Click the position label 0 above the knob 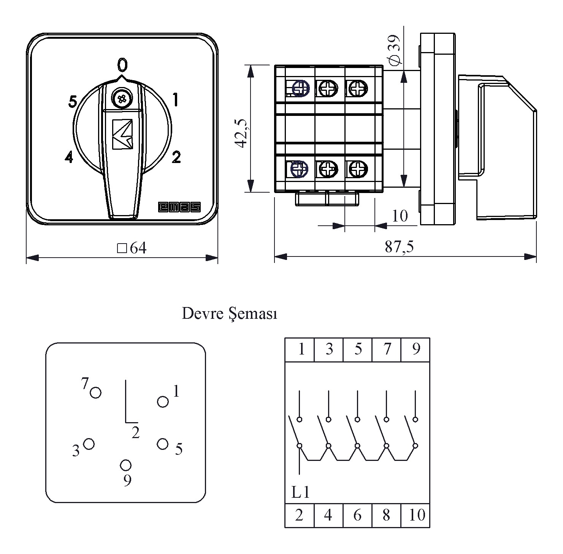[x=122, y=65]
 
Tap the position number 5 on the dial [x=73, y=101]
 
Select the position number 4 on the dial [x=68, y=157]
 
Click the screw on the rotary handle [x=122, y=98]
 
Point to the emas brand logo [x=179, y=207]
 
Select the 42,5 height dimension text [x=241, y=133]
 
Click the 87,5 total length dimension [x=399, y=247]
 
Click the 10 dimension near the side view [x=400, y=216]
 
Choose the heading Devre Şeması [x=230, y=314]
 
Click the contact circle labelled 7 [x=95, y=392]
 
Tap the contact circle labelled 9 [x=126, y=465]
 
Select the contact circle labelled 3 [x=89, y=444]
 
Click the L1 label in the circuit [x=301, y=493]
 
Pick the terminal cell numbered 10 [x=416, y=516]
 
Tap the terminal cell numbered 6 [x=357, y=516]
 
